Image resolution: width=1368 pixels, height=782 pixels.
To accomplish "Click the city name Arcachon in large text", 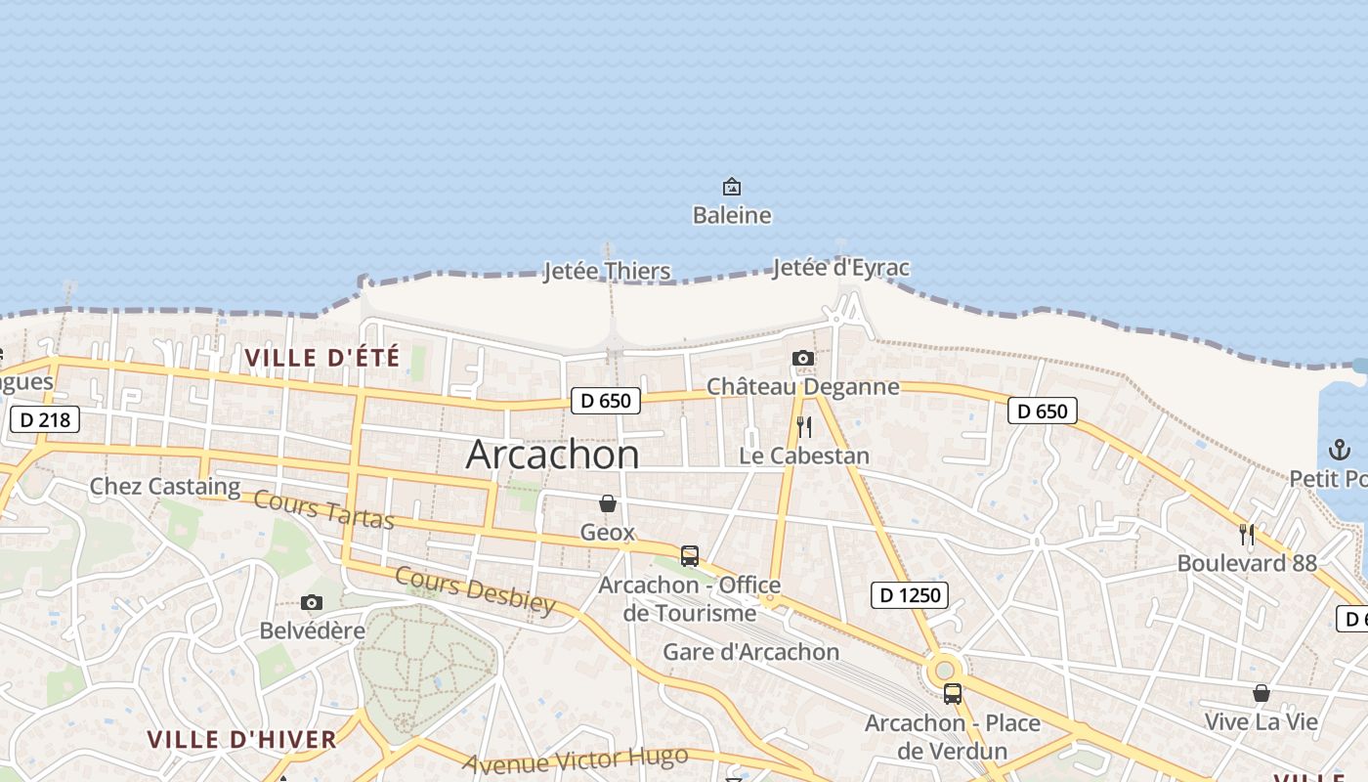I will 553,455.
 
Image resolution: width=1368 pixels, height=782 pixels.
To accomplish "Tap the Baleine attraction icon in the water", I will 731,186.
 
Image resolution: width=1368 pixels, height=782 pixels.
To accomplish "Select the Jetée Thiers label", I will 607,271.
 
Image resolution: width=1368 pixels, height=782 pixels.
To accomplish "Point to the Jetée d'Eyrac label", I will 840,267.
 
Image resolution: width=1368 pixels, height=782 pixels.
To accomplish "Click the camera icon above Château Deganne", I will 803,359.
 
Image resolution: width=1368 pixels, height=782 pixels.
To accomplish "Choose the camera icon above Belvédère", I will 312,602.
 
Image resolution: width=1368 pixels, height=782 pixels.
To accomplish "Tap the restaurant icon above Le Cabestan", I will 803,427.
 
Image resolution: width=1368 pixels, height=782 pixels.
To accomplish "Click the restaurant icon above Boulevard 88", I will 1247,535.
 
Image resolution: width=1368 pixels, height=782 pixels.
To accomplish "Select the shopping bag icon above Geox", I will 608,503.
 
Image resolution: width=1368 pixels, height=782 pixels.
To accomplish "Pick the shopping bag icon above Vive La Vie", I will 1261,693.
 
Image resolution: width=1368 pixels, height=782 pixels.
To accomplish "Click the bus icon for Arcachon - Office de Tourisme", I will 690,556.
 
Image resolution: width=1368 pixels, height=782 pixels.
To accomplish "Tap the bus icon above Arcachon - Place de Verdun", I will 952,694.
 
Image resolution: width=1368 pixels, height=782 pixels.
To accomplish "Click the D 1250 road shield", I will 909,594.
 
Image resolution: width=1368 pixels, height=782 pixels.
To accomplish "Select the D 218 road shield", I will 44,419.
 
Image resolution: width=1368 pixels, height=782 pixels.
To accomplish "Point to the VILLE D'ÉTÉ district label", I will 322,358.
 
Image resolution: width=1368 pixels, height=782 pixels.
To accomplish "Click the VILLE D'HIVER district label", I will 241,739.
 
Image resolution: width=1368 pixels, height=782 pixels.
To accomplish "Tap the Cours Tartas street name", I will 323,509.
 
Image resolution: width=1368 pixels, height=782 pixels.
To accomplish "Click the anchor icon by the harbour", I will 1339,450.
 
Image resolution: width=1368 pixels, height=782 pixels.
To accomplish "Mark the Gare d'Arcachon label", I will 750,652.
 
